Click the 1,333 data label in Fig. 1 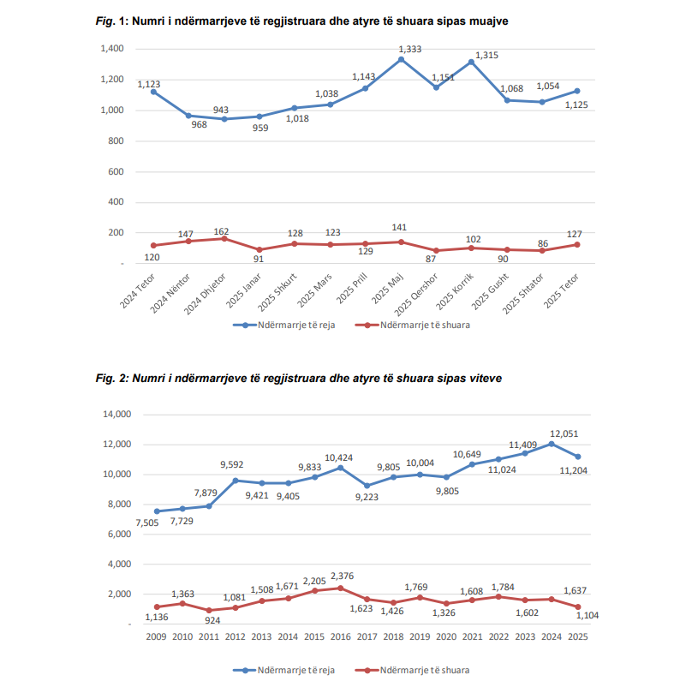(x=409, y=50)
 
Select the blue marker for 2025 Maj (x=401, y=59)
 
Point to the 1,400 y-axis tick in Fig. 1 (x=111, y=49)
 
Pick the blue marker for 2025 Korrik (x=472, y=62)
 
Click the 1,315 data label (x=486, y=55)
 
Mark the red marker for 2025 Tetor (x=577, y=245)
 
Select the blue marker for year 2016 (x=340, y=468)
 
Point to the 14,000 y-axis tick (x=116, y=414)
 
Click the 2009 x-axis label (x=156, y=636)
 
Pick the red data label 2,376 (x=343, y=576)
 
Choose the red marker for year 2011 (x=208, y=611)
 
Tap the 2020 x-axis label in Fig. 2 (x=445, y=636)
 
